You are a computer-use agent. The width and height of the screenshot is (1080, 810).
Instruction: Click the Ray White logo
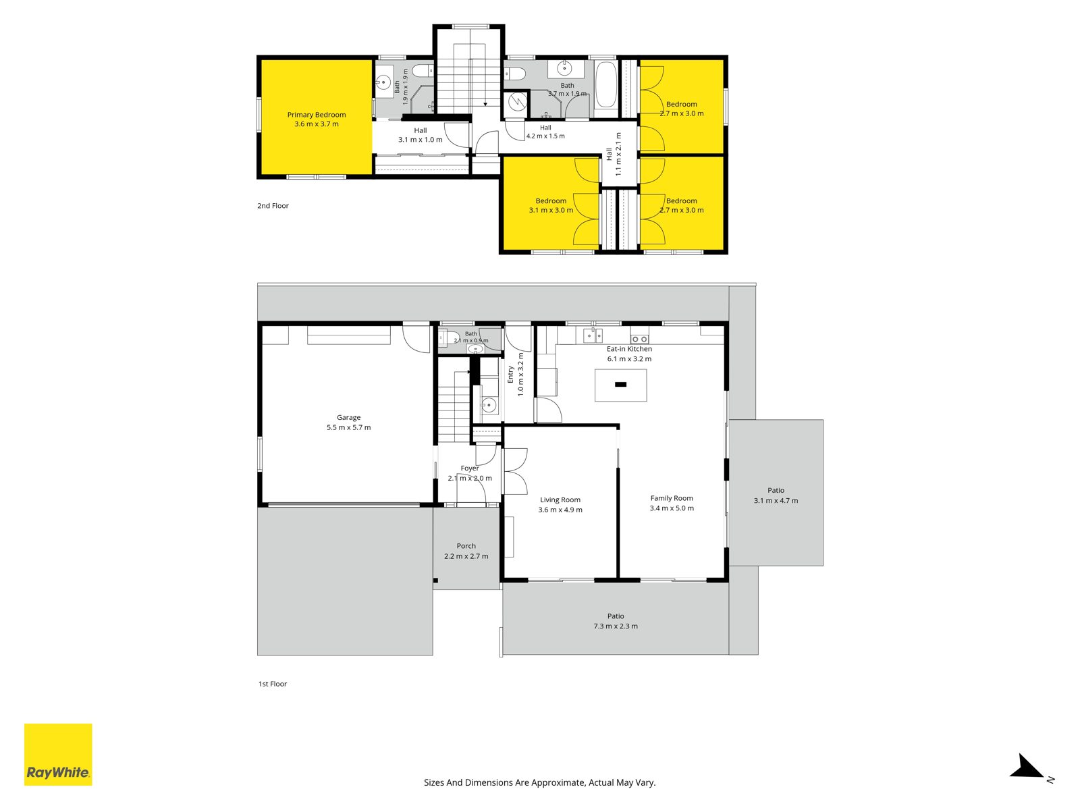coord(58,754)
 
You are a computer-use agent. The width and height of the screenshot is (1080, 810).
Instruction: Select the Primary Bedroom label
coord(317,115)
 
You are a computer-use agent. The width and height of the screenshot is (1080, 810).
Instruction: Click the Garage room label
coord(348,417)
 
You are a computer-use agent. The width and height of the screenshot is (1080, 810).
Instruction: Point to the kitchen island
coord(620,385)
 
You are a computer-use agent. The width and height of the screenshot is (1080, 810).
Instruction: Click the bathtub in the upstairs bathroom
coord(605,84)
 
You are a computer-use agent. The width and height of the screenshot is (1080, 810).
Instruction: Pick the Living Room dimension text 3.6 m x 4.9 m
coord(560,510)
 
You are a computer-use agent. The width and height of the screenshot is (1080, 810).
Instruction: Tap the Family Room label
coord(672,498)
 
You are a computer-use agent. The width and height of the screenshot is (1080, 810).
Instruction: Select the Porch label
coord(466,546)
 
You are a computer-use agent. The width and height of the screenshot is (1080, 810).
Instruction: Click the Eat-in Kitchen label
coord(629,349)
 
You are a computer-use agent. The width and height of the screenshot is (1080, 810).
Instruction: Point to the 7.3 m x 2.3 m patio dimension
coord(616,626)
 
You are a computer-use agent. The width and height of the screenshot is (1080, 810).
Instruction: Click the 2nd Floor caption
coord(273,206)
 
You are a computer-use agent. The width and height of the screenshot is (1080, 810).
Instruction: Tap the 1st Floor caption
coord(273,684)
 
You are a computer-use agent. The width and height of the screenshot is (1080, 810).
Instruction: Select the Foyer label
coord(469,468)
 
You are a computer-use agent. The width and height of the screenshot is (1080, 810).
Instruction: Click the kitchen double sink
coord(593,335)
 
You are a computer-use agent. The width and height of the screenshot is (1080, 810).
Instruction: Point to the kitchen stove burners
coord(640,339)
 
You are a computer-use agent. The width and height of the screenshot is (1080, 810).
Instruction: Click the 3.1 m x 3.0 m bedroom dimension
coord(551,210)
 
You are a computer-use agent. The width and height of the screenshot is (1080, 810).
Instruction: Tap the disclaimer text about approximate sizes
coord(540,782)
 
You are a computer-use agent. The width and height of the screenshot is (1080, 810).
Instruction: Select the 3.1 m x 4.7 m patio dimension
coord(776,501)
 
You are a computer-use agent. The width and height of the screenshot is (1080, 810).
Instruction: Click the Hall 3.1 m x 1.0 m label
coord(421,135)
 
